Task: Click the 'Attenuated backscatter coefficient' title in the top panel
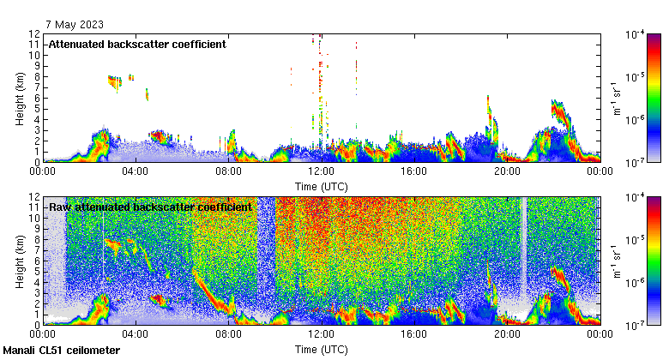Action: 137,45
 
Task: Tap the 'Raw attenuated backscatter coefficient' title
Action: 150,207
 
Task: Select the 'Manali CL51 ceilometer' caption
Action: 62,351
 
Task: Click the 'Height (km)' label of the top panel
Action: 19,98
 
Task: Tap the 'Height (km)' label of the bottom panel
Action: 19,261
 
